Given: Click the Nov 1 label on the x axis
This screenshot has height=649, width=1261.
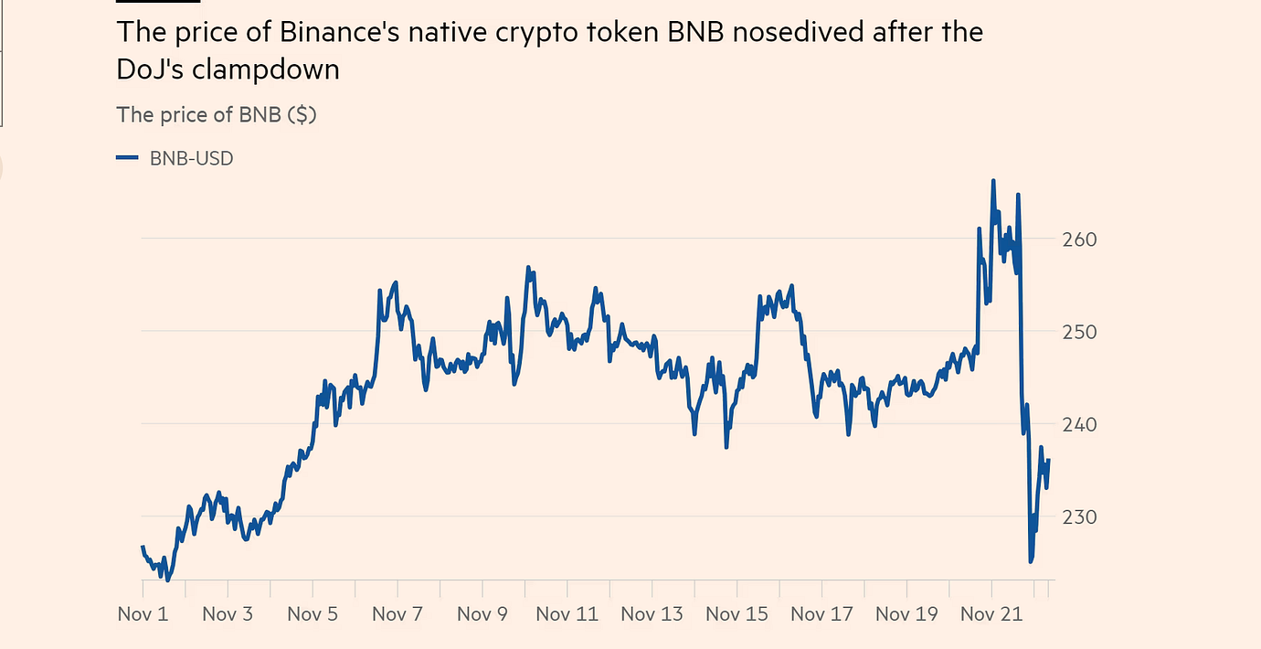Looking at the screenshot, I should pos(143,613).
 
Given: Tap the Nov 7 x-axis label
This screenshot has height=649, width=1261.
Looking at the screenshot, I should pos(397,613).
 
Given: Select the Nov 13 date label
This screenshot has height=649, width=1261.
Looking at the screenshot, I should pos(652,613).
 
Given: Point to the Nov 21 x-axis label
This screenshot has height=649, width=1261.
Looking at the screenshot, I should pos(991,613).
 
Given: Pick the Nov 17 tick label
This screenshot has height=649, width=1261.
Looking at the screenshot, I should pos(821,613).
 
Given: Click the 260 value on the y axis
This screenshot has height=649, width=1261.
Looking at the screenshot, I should pos(1080,239).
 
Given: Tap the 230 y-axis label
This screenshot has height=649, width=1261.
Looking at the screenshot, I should pos(1080,517).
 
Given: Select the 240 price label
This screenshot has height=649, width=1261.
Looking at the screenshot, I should pos(1080,424).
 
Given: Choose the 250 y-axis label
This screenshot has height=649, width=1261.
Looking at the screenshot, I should pos(1080,332).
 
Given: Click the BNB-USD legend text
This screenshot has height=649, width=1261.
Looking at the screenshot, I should pos(191,158).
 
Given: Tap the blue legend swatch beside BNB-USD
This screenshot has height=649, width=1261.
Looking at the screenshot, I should pos(127,158).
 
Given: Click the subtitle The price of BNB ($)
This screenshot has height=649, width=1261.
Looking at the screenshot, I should pos(217,115).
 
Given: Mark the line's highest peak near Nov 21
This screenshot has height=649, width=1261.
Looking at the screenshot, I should pos(993,181).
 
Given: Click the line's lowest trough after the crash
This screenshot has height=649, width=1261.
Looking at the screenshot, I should pos(1031,561).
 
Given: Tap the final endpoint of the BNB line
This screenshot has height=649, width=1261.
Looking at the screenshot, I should pos(1048,460).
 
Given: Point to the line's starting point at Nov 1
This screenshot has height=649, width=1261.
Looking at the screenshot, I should pos(143,547).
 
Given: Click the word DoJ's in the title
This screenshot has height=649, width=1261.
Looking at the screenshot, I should pos(152,69).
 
